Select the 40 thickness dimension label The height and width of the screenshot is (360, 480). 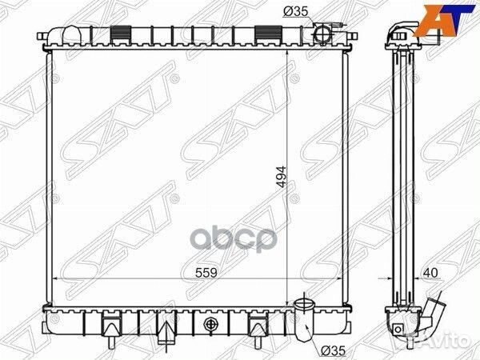click(x=431, y=272)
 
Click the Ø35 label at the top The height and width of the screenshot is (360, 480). click(x=295, y=11)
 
